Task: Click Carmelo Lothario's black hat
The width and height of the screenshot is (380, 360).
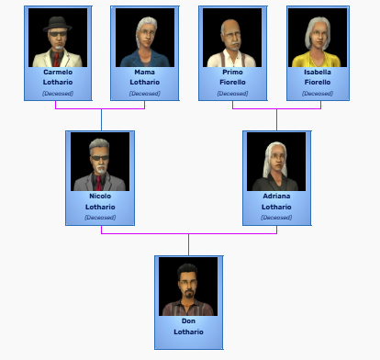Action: tap(58, 25)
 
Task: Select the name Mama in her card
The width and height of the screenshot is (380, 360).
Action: tap(144, 73)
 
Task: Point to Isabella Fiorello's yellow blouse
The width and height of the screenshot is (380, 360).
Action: tap(317, 60)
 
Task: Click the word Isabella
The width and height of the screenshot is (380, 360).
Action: tap(318, 73)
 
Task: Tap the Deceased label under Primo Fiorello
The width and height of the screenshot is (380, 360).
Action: tap(232, 94)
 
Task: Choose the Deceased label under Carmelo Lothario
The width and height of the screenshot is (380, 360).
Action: tap(58, 94)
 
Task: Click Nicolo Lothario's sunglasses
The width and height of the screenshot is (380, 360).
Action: tap(100, 158)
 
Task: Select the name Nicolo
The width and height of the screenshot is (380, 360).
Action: tap(100, 197)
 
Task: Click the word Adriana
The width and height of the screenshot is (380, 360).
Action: tap(276, 197)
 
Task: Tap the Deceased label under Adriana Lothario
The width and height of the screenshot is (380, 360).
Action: tap(276, 218)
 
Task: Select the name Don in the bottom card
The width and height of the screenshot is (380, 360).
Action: tap(188, 321)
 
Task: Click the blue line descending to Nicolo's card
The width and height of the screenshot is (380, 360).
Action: tap(101, 119)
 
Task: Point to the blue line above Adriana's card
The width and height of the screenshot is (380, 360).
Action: tap(276, 119)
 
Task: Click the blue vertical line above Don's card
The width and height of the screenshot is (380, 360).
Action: tap(188, 245)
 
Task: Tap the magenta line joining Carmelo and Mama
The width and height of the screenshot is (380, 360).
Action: tap(100, 108)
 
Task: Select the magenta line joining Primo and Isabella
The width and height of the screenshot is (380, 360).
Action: tap(276, 108)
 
